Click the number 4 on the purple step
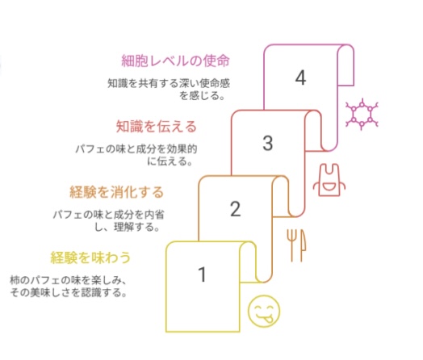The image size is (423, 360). pyautogui.click(x=300, y=78)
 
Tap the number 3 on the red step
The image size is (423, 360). pyautogui.click(x=268, y=143)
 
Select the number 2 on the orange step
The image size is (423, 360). pyautogui.click(x=235, y=209)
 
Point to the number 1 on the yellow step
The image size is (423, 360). pyautogui.click(x=203, y=274)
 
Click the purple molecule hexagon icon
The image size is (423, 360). pyautogui.click(x=362, y=114)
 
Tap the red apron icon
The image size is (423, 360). pyautogui.click(x=329, y=180)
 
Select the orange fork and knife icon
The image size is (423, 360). pyautogui.click(x=296, y=245)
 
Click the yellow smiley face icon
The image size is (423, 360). pyautogui.click(x=264, y=311)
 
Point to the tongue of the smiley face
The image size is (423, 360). pyautogui.click(x=269, y=320)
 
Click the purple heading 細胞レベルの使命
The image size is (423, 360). pyautogui.click(x=175, y=61)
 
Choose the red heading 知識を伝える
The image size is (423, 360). pyautogui.click(x=157, y=126)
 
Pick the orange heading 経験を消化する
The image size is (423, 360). pyautogui.click(x=117, y=192)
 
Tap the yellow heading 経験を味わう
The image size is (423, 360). pyautogui.click(x=90, y=257)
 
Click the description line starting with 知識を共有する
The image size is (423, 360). pyautogui.click(x=169, y=83)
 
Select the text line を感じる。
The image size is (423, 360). pyautogui.click(x=202, y=95)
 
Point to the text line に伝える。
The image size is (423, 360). pyautogui.click(x=170, y=161)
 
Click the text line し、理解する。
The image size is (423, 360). pyautogui.click(x=127, y=227)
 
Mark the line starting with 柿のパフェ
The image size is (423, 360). pyautogui.click(x=68, y=280)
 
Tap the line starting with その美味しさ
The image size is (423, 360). pyautogui.click(x=69, y=292)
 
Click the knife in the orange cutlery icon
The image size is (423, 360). pyautogui.click(x=303, y=245)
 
